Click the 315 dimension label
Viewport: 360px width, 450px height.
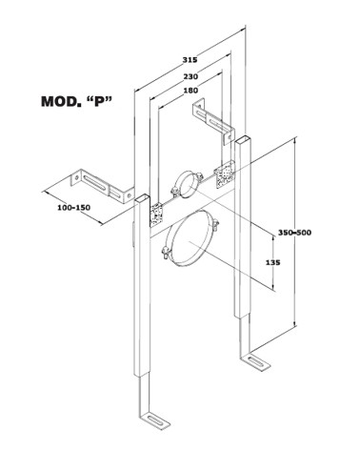(190, 59)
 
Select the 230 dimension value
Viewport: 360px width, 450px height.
(190, 76)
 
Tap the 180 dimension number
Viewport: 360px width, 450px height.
(190, 91)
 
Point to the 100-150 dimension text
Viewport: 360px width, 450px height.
(73, 208)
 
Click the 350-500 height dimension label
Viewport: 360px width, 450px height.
(295, 233)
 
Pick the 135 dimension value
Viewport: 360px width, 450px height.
(273, 263)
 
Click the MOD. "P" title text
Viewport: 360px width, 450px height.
(77, 102)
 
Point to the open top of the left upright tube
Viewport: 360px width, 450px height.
(141, 198)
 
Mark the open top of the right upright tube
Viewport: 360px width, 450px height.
(244, 139)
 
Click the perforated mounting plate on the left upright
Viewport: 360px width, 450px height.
(156, 215)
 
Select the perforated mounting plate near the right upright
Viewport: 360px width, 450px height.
(225, 174)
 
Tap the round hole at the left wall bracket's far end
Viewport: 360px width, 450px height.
(76, 178)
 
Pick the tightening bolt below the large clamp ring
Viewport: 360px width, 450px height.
(165, 253)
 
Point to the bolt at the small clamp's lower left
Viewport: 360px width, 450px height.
(174, 192)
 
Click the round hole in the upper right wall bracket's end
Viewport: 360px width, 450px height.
(229, 136)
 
